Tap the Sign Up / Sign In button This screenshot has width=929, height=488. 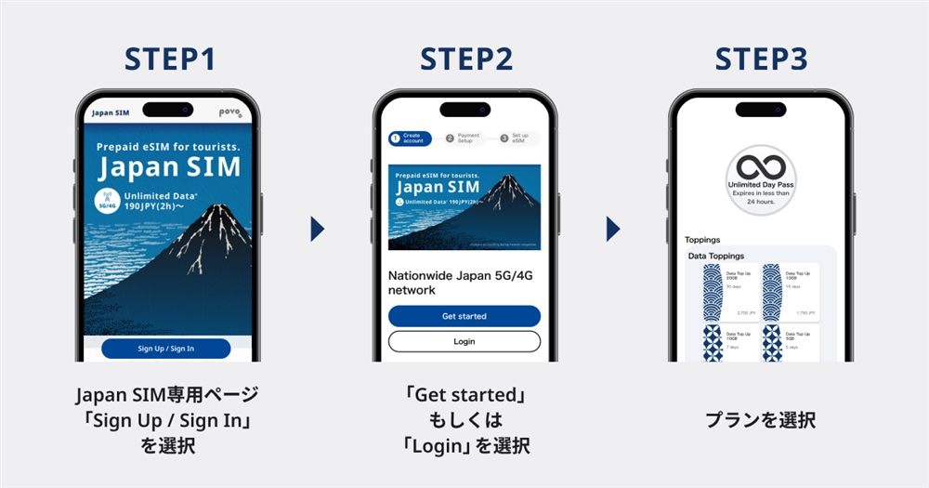[x=166, y=349]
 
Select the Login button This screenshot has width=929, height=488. [x=464, y=341]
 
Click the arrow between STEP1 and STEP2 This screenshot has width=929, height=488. [x=318, y=229]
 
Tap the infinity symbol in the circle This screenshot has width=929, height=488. [x=761, y=167]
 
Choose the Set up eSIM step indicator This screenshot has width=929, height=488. [x=517, y=138]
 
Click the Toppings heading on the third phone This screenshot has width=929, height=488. [x=702, y=239]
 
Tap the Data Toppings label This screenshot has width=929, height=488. [x=715, y=256]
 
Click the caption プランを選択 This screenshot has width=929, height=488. [x=761, y=420]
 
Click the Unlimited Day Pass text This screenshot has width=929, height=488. [x=761, y=186]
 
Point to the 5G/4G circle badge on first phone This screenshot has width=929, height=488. [x=110, y=200]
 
